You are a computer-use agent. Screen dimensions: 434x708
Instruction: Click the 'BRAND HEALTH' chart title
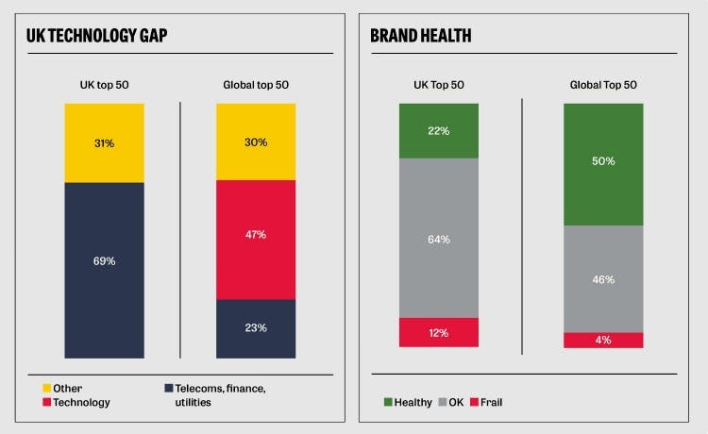tap(420, 37)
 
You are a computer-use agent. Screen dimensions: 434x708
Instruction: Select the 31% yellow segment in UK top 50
tap(104, 142)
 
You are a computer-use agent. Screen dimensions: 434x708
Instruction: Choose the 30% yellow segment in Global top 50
tap(256, 142)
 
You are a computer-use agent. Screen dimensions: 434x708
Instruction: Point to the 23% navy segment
tap(256, 328)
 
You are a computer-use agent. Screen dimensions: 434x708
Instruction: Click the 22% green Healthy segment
tap(439, 130)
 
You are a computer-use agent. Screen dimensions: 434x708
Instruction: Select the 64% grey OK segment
tap(439, 238)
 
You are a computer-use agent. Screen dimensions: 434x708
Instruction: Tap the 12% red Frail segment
tap(439, 332)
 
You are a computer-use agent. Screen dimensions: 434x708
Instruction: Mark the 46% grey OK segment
tap(603, 278)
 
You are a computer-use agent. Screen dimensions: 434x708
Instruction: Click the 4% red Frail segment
tap(603, 340)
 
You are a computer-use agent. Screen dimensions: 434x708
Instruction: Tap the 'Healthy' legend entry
tap(409, 403)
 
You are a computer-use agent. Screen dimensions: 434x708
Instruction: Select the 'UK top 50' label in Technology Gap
tap(104, 85)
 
